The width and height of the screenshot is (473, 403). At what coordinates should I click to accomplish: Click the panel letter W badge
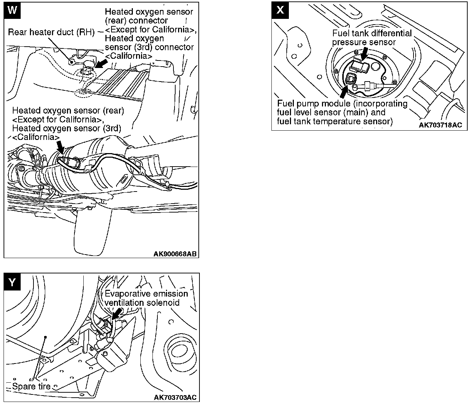click(12, 10)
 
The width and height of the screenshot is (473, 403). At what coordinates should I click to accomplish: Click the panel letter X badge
click(280, 10)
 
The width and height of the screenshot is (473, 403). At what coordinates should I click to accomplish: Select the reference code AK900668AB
click(175, 254)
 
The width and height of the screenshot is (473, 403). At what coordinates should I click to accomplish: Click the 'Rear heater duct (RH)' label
click(51, 32)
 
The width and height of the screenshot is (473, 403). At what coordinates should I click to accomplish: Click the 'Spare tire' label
click(31, 386)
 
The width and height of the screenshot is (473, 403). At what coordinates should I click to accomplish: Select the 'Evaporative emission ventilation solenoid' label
click(146, 298)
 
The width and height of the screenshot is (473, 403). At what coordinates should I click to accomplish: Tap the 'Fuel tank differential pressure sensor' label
click(371, 38)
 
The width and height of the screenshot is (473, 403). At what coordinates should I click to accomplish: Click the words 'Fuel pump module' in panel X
click(308, 104)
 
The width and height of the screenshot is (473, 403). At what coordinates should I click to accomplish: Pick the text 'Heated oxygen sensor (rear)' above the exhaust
click(68, 111)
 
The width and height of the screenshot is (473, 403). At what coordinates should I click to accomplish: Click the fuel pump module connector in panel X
click(350, 78)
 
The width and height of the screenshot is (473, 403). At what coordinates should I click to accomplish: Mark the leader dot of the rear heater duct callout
click(72, 62)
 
